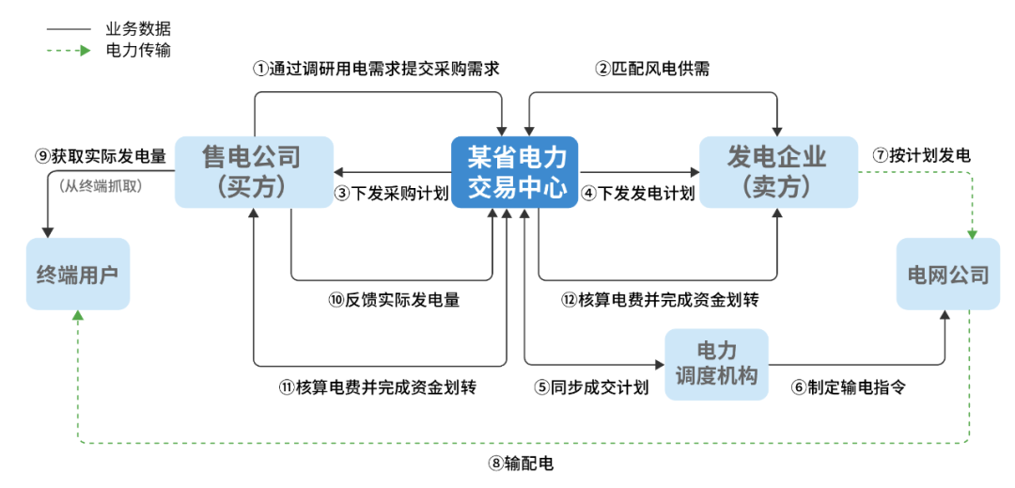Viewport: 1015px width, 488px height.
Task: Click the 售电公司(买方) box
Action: point(254,172)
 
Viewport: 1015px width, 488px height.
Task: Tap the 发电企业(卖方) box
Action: point(778,172)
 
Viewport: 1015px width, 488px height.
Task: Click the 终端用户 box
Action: point(77,275)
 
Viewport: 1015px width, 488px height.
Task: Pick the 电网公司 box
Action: point(947,275)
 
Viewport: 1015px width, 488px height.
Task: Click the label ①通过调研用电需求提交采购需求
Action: point(375,69)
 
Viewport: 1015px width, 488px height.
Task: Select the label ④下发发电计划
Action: point(638,195)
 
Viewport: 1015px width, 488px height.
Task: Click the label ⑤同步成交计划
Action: point(592,387)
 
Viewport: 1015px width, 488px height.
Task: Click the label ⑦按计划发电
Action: point(921,155)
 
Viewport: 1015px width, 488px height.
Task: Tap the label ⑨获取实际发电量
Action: point(101,155)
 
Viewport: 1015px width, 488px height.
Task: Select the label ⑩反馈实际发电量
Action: point(394,301)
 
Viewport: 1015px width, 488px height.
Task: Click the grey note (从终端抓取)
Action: point(101,186)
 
